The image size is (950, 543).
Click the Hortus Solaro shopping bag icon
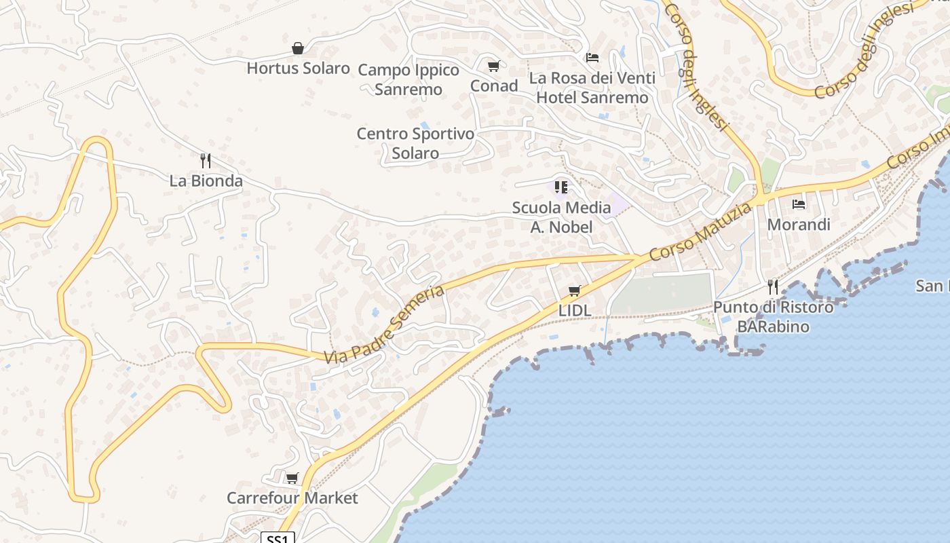[297, 48]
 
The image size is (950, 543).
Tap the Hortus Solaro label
[298, 68]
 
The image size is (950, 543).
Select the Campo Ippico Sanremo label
[408, 79]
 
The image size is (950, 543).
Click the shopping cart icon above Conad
[493, 67]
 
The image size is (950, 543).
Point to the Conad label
[494, 86]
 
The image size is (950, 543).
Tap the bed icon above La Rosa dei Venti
[592, 58]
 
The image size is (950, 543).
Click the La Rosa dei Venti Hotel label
[592, 88]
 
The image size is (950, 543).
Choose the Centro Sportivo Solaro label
[415, 143]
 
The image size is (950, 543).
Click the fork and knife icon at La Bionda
[206, 161]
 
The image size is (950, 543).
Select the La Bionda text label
[206, 181]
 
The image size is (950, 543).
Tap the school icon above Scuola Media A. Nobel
[560, 187]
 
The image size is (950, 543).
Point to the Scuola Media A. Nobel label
[561, 217]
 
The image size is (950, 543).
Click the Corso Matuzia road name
[700, 231]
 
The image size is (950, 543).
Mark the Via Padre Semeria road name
[384, 324]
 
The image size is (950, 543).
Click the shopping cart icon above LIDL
[575, 291]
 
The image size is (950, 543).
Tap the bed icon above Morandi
[799, 204]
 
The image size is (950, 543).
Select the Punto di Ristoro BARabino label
[773, 317]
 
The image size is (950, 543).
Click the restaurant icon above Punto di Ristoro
[772, 287]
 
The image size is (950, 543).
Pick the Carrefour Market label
[292, 498]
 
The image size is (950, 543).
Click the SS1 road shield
[278, 538]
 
